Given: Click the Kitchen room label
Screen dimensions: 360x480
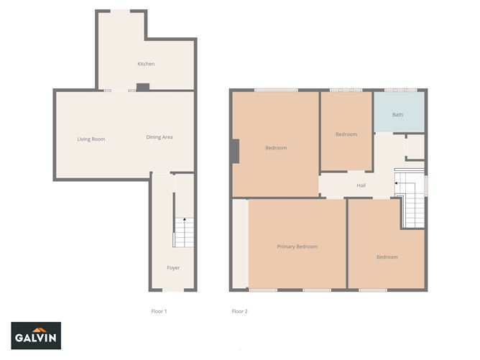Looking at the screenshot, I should click(x=146, y=64).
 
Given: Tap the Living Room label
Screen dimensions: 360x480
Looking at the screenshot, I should click(x=91, y=139).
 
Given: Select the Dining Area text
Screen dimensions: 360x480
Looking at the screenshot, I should click(x=160, y=137).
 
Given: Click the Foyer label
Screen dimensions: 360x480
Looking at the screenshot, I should click(x=173, y=267).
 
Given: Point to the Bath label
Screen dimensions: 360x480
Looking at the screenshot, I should click(x=397, y=115).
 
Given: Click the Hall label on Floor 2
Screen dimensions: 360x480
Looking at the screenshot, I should click(x=362, y=185).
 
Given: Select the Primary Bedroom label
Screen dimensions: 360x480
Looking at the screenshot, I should click(x=297, y=246).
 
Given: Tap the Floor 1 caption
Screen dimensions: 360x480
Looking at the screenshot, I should click(x=159, y=311).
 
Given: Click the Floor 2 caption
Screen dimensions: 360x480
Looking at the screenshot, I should click(x=239, y=311).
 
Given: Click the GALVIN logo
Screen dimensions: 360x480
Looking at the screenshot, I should click(x=37, y=335).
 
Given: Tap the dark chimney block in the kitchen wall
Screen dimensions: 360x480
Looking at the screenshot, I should click(x=142, y=87).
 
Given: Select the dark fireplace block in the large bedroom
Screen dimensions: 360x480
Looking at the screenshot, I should click(x=234, y=151).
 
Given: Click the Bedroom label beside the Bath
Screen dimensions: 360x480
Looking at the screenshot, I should click(x=346, y=134).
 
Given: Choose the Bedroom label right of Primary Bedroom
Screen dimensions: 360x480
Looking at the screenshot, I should click(x=387, y=257).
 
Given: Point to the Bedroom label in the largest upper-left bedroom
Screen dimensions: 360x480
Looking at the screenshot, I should click(x=276, y=148).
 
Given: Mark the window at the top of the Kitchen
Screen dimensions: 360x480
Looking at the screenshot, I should click(x=120, y=10).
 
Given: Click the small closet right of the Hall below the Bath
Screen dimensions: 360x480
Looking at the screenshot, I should click(x=415, y=147).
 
